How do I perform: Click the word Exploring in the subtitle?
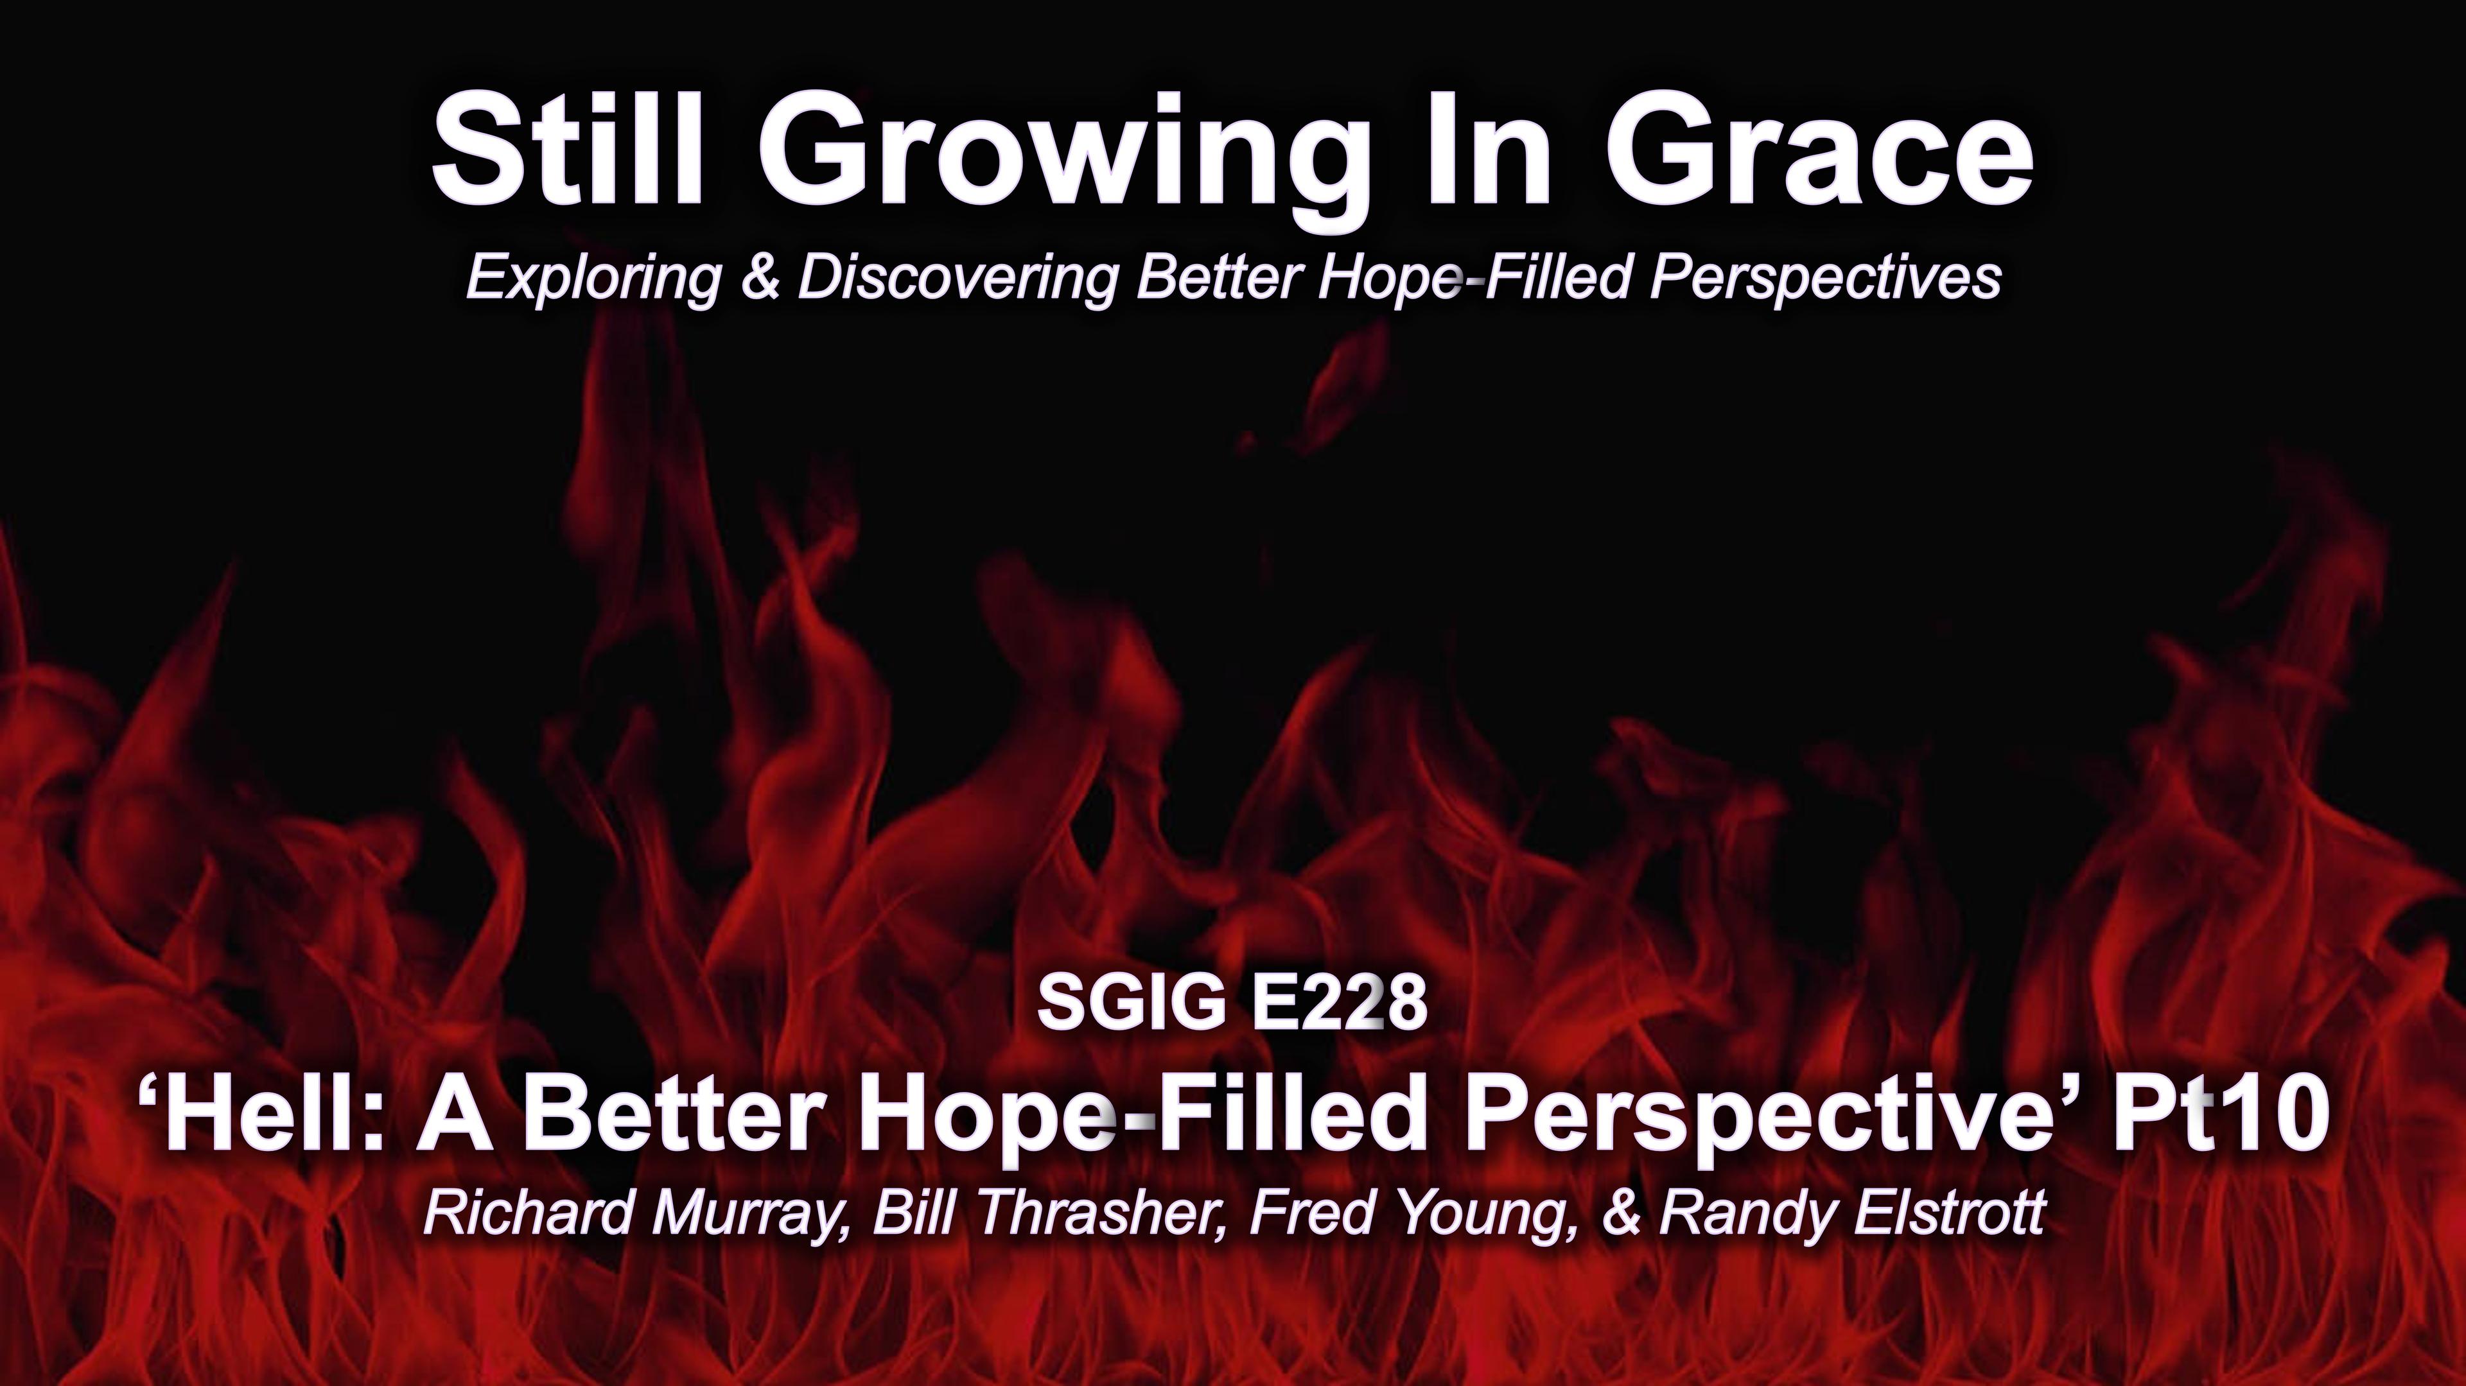(x=593, y=279)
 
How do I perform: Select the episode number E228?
(x=1336, y=1004)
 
